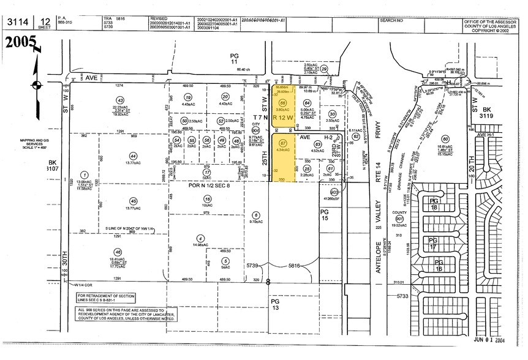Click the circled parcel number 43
[x=120, y=100]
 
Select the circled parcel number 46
[x=118, y=252]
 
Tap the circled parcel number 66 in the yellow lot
[x=283, y=102]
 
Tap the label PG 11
[x=234, y=59]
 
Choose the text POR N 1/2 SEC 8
[x=211, y=186]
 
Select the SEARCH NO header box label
[x=392, y=20]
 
